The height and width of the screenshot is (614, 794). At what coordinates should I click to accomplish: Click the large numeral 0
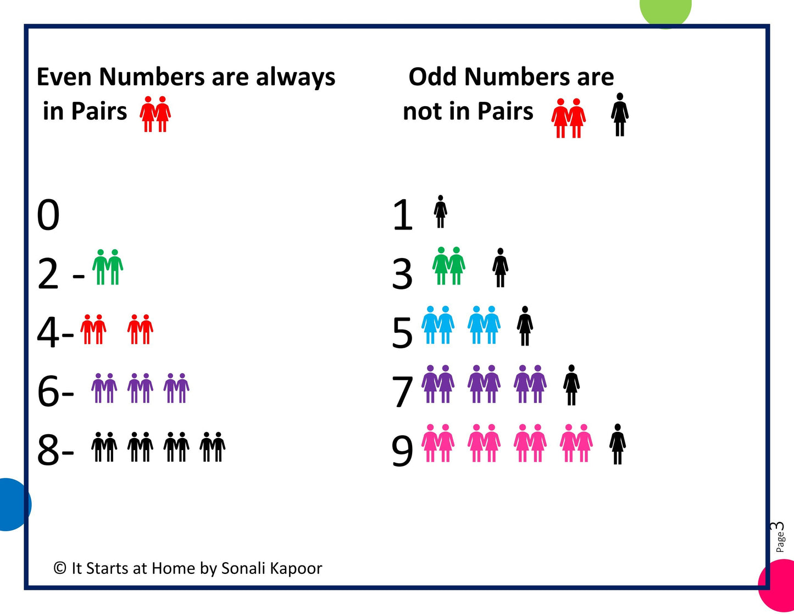click(x=48, y=215)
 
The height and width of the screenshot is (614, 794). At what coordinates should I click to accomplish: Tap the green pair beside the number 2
click(x=108, y=267)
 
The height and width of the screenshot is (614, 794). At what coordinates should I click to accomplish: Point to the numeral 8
click(x=48, y=449)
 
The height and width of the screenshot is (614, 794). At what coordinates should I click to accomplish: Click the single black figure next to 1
click(x=440, y=211)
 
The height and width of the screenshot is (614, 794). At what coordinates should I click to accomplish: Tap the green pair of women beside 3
click(x=448, y=266)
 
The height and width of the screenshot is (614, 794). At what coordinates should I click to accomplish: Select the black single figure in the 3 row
click(x=500, y=268)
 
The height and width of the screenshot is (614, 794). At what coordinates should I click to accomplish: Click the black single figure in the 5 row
click(x=525, y=326)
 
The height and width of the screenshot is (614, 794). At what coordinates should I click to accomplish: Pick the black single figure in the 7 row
click(x=571, y=385)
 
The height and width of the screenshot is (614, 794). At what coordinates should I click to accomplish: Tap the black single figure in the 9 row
click(x=618, y=444)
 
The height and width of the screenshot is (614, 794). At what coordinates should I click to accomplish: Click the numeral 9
click(x=402, y=451)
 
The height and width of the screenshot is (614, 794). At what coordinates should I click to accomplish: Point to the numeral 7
click(x=402, y=392)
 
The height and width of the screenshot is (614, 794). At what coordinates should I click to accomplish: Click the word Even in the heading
click(x=64, y=77)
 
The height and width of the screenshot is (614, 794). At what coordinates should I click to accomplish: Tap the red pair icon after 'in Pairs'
click(x=155, y=114)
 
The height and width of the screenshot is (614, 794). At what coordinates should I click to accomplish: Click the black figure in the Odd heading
click(x=620, y=114)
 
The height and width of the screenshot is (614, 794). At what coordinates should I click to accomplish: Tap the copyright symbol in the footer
click(x=60, y=568)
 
